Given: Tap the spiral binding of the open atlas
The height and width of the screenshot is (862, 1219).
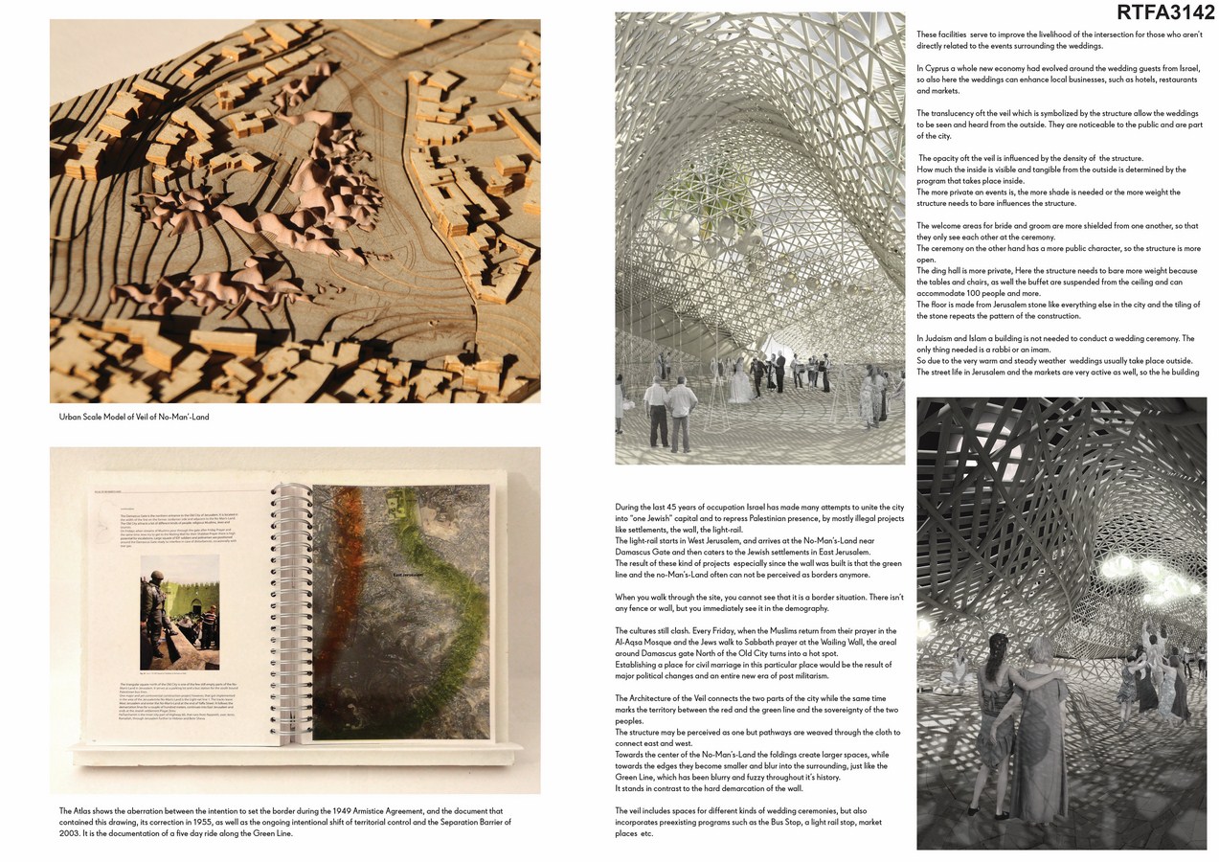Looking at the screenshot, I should pyautogui.click(x=279, y=612).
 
